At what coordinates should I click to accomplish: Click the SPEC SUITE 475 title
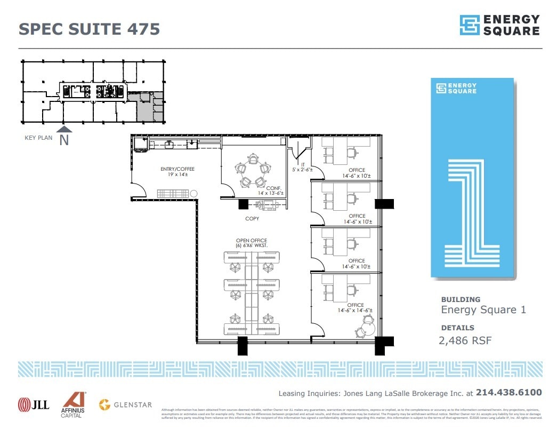(89, 28)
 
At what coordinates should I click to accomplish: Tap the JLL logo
(33, 404)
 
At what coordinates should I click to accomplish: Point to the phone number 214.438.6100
(508, 393)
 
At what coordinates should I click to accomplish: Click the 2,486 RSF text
(466, 340)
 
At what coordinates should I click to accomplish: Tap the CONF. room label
(273, 188)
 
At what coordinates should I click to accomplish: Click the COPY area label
(252, 219)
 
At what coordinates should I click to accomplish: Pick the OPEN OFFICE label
(252, 241)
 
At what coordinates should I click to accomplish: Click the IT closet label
(302, 165)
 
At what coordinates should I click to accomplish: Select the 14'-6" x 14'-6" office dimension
(355, 310)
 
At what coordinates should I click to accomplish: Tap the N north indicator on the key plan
(64, 140)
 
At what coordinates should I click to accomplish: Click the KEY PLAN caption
(38, 138)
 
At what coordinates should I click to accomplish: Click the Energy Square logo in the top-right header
(499, 25)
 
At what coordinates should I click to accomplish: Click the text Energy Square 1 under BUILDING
(483, 310)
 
